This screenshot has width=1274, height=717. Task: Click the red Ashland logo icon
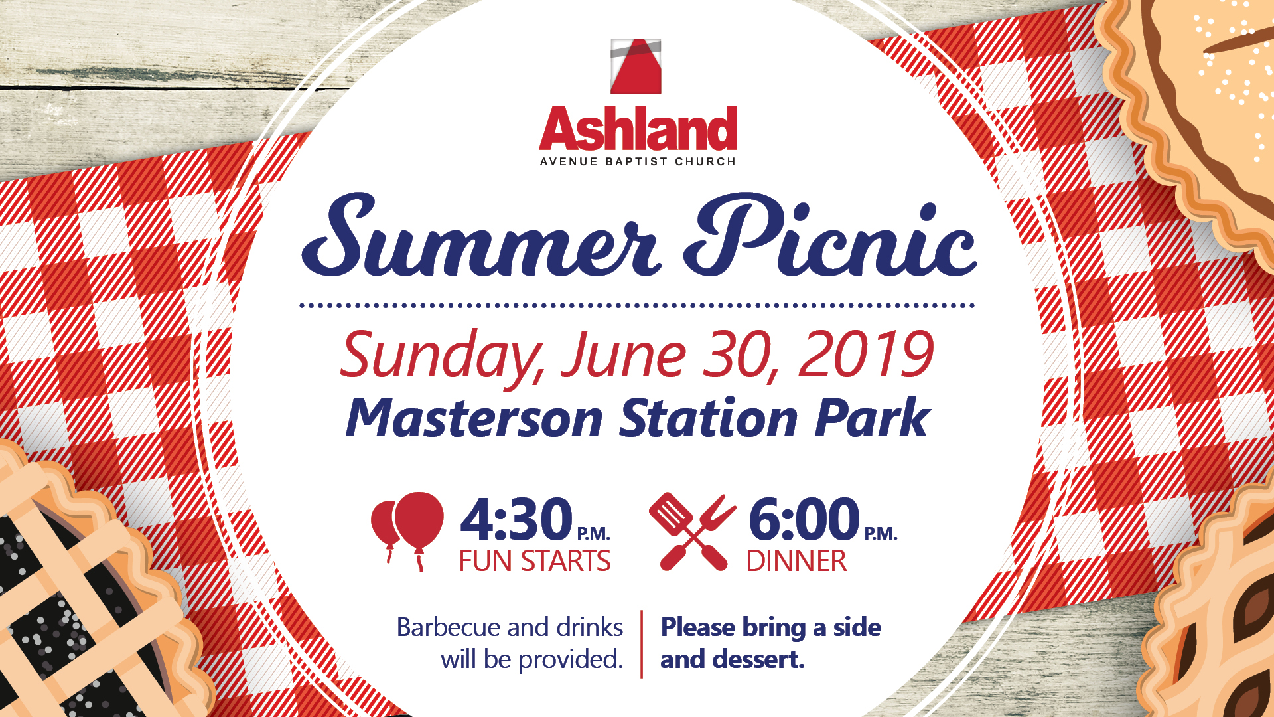(636, 66)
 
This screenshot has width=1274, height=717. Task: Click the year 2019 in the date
(867, 355)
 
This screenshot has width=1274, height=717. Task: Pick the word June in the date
(624, 355)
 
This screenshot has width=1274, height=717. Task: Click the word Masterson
(474, 418)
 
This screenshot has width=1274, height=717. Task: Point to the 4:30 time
(516, 519)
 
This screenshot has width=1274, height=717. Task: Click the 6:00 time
(804, 519)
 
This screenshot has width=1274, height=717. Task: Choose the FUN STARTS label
(535, 562)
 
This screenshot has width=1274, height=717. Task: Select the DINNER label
(796, 562)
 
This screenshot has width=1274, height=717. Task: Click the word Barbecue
(449, 627)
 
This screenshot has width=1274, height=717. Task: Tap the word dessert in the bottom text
(758, 659)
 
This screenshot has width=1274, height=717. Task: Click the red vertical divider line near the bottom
(642, 645)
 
